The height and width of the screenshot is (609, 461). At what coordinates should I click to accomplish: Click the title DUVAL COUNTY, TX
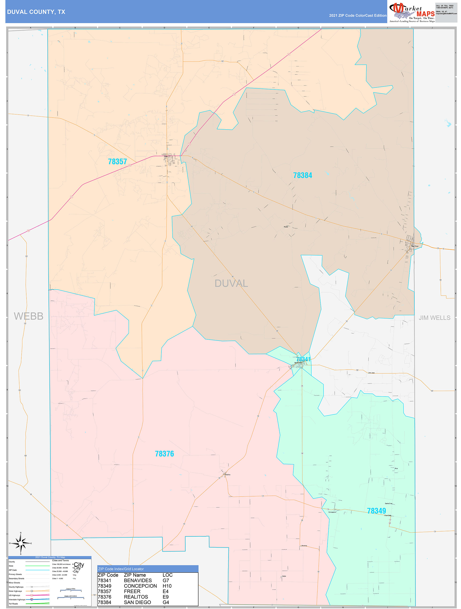click(x=36, y=12)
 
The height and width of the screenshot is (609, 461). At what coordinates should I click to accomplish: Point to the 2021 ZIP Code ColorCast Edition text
click(x=357, y=15)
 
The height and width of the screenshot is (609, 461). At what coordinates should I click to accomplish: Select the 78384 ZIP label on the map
click(x=302, y=175)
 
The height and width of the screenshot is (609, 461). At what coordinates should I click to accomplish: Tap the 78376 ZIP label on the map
click(x=164, y=454)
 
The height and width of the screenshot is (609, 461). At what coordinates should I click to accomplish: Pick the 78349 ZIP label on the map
click(x=376, y=511)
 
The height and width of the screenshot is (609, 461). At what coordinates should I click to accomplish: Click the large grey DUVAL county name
click(x=231, y=283)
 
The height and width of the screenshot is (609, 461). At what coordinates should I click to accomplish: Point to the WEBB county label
click(x=29, y=316)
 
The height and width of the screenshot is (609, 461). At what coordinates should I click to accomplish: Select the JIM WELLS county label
click(x=434, y=318)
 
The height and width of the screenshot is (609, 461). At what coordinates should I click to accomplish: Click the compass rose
click(x=21, y=543)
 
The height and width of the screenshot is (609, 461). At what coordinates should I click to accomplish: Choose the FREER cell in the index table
click(x=132, y=591)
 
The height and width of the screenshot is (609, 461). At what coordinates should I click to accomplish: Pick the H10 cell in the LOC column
click(x=167, y=586)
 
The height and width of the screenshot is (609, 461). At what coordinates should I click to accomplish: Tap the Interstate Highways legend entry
click(x=17, y=599)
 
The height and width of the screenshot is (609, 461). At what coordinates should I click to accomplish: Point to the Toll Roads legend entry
click(x=13, y=604)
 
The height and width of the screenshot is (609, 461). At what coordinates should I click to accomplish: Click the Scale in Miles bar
click(x=71, y=590)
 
